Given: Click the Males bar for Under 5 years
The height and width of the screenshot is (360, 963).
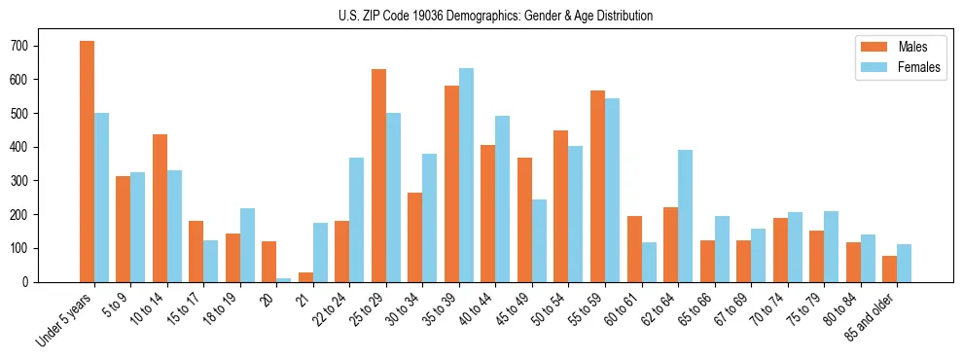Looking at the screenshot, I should click(87, 162).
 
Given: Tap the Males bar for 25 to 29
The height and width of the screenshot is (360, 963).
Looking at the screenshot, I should click(378, 176).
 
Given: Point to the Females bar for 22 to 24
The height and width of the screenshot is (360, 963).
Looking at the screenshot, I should click(357, 220).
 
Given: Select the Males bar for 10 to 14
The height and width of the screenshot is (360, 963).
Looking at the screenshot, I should click(160, 208).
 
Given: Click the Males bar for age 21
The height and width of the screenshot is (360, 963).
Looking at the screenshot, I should click(305, 277).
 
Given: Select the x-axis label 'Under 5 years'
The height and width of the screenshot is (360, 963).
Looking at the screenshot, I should click(66, 319).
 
